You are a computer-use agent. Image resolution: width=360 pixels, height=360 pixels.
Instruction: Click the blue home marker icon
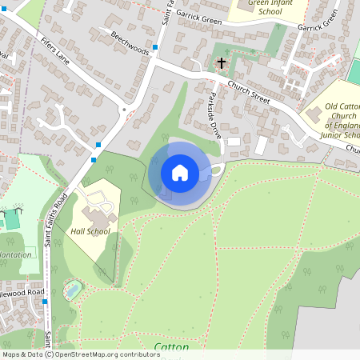pyautogui.click(x=179, y=173)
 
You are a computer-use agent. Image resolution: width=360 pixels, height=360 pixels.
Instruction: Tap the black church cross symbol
pyautogui.click(x=221, y=62)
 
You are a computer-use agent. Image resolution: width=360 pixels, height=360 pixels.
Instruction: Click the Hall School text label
pyautogui.click(x=90, y=232)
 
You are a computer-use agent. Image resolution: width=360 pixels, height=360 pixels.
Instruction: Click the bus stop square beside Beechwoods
pyautogui.click(x=155, y=47)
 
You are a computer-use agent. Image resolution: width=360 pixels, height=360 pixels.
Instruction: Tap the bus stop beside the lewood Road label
pyautogui.click(x=46, y=302)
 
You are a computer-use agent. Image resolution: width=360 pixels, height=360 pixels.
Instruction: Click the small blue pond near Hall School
pyautogui.click(x=72, y=290)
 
